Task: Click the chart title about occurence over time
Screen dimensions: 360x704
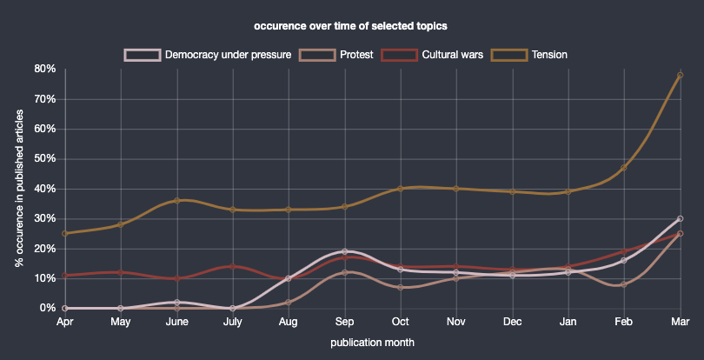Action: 351,25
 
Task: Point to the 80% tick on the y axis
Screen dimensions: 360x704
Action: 44,69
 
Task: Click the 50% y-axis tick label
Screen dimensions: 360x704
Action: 44,158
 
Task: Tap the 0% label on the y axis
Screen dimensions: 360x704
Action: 48,308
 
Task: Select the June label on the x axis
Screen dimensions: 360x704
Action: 177,322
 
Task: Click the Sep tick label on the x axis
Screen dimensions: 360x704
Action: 345,322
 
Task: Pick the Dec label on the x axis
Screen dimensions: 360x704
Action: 513,322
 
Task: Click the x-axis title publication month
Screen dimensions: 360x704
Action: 372,343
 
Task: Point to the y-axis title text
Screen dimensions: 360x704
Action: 19,188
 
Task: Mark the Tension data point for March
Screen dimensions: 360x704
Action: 681,75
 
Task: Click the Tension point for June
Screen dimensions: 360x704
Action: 177,200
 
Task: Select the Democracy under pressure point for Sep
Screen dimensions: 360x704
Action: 345,251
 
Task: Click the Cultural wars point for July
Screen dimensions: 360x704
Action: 233,266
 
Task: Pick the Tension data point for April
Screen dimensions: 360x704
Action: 65,233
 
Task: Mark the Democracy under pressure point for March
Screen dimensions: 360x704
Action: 681,218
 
